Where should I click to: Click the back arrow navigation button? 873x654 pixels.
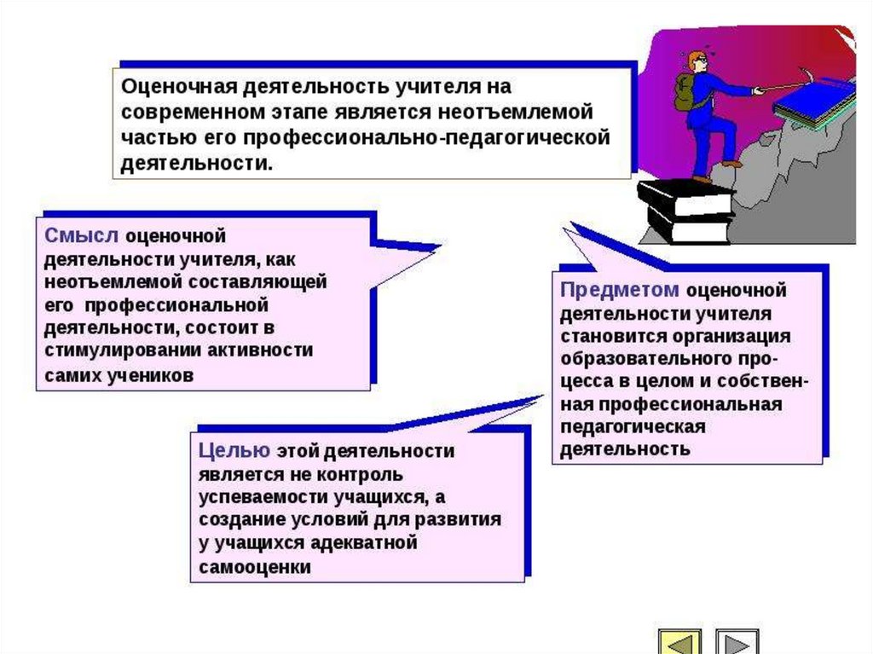coord(679,642)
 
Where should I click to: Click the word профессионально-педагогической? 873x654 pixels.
coord(427,137)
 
